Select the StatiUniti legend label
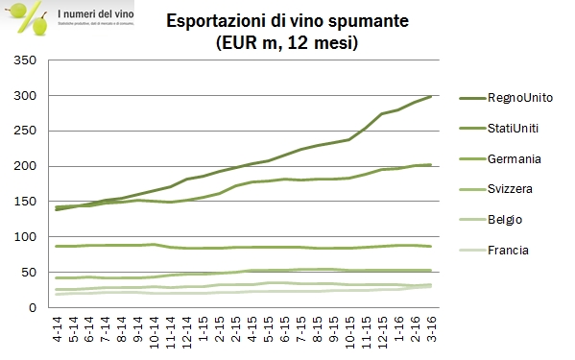[518, 128]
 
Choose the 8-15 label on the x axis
[316, 329]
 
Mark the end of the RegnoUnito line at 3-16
[430, 96]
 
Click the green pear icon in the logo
[39, 26]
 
